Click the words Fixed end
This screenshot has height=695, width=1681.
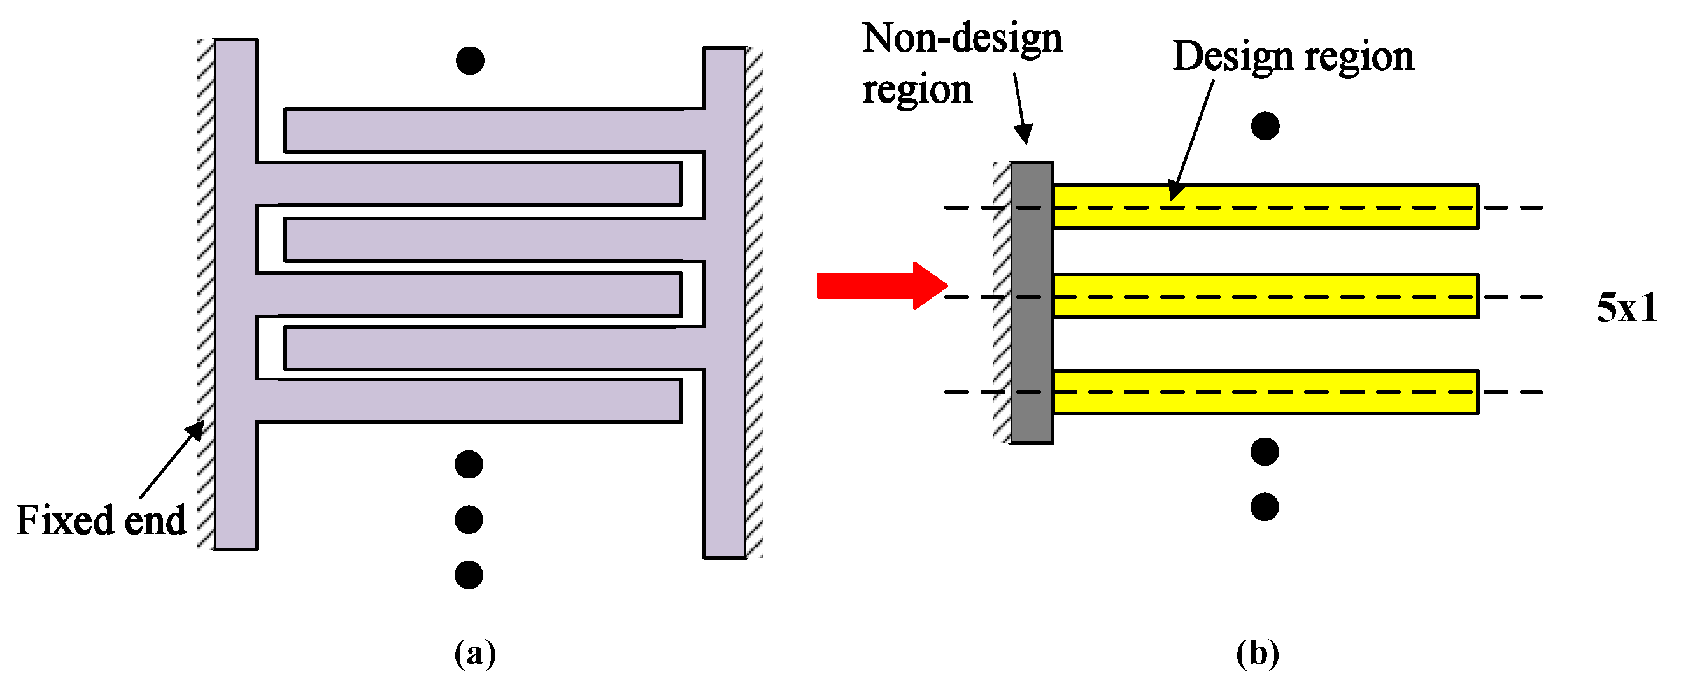[101, 520]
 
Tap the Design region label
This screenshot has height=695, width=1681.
[1293, 56]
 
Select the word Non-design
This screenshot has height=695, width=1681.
[962, 38]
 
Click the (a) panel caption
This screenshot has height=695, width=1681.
[474, 653]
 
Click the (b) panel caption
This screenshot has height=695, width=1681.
[1257, 653]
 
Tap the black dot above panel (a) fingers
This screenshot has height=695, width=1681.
[470, 60]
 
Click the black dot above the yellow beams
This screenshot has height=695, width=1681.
[1265, 126]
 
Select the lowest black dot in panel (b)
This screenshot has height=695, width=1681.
[1264, 507]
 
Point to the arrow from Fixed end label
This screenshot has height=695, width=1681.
[172, 459]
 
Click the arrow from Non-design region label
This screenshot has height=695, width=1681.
[1021, 108]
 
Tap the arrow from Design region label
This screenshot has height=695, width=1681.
[1191, 140]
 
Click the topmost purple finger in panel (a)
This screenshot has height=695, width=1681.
[483, 130]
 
